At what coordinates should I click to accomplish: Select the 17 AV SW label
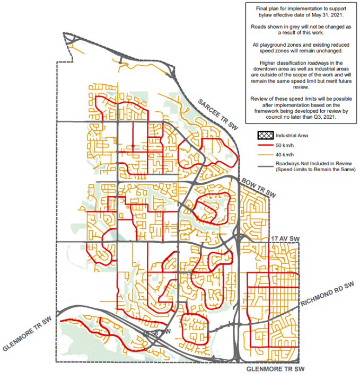285,240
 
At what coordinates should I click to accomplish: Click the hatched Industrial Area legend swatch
270,135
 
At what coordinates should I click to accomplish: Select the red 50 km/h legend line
270,145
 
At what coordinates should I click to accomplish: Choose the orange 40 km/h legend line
270,154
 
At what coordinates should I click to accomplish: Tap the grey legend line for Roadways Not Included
270,166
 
